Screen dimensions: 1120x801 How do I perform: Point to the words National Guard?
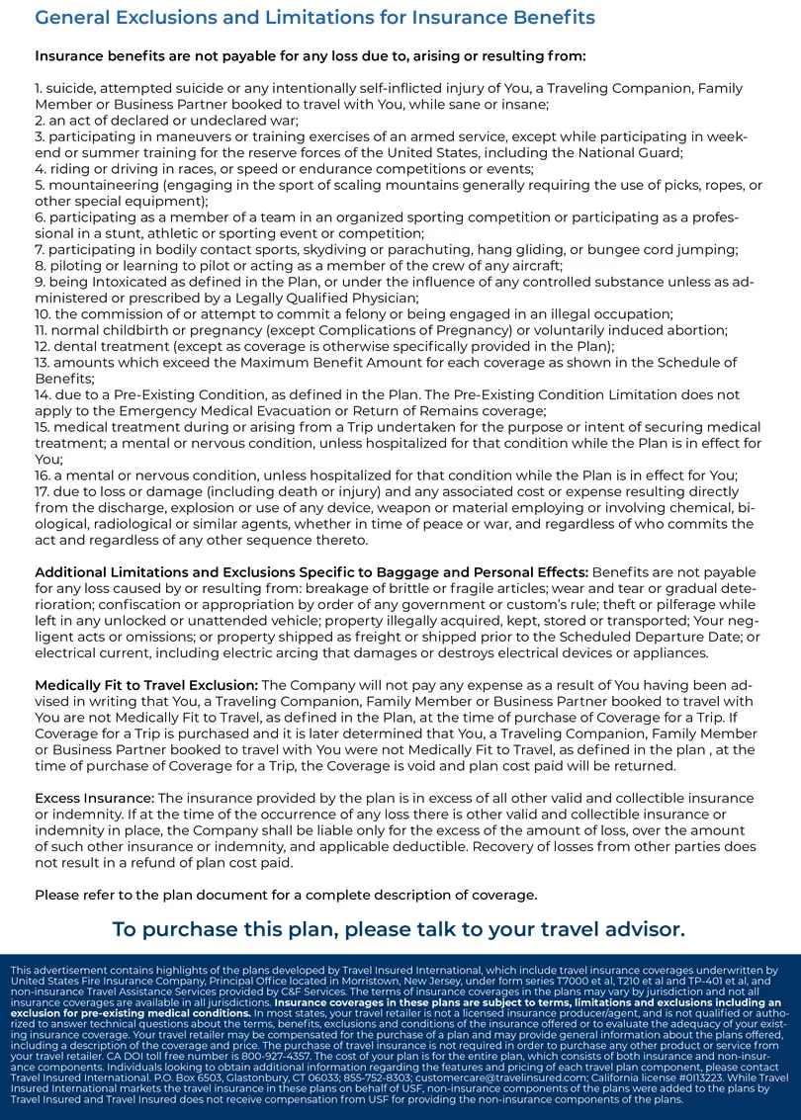pyautogui.click(x=629, y=152)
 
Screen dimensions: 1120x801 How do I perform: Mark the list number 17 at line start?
pyautogui.click(x=43, y=491)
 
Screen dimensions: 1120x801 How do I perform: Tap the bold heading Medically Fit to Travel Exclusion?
pyautogui.click(x=146, y=685)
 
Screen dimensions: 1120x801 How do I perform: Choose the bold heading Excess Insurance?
pyautogui.click(x=94, y=798)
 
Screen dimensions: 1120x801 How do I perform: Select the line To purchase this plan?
pyautogui.click(x=399, y=929)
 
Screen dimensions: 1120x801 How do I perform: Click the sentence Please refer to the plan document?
pyautogui.click(x=286, y=895)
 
